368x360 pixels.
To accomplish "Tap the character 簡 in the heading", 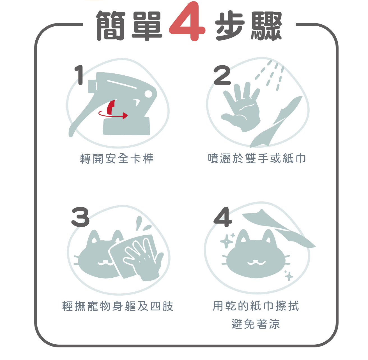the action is pyautogui.click(x=111, y=26).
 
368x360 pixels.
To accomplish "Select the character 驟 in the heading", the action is pyautogui.click(x=266, y=26).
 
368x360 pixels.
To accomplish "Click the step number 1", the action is pyautogui.click(x=79, y=75).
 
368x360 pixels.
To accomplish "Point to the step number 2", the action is pyautogui.click(x=222, y=75).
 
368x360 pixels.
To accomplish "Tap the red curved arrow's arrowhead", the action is pyautogui.click(x=125, y=116).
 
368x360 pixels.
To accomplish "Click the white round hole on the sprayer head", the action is pyautogui.click(x=148, y=94).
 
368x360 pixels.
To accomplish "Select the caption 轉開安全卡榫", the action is pyautogui.click(x=117, y=159).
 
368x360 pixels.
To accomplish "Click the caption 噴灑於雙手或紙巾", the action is pyautogui.click(x=257, y=159).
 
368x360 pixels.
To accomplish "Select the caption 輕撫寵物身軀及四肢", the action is pyautogui.click(x=118, y=306).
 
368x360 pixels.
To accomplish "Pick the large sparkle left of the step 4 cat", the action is pyautogui.click(x=226, y=241).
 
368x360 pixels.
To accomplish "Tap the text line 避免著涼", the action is pyautogui.click(x=256, y=324).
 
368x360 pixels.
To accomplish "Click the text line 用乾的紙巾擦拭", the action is pyautogui.click(x=256, y=306).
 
